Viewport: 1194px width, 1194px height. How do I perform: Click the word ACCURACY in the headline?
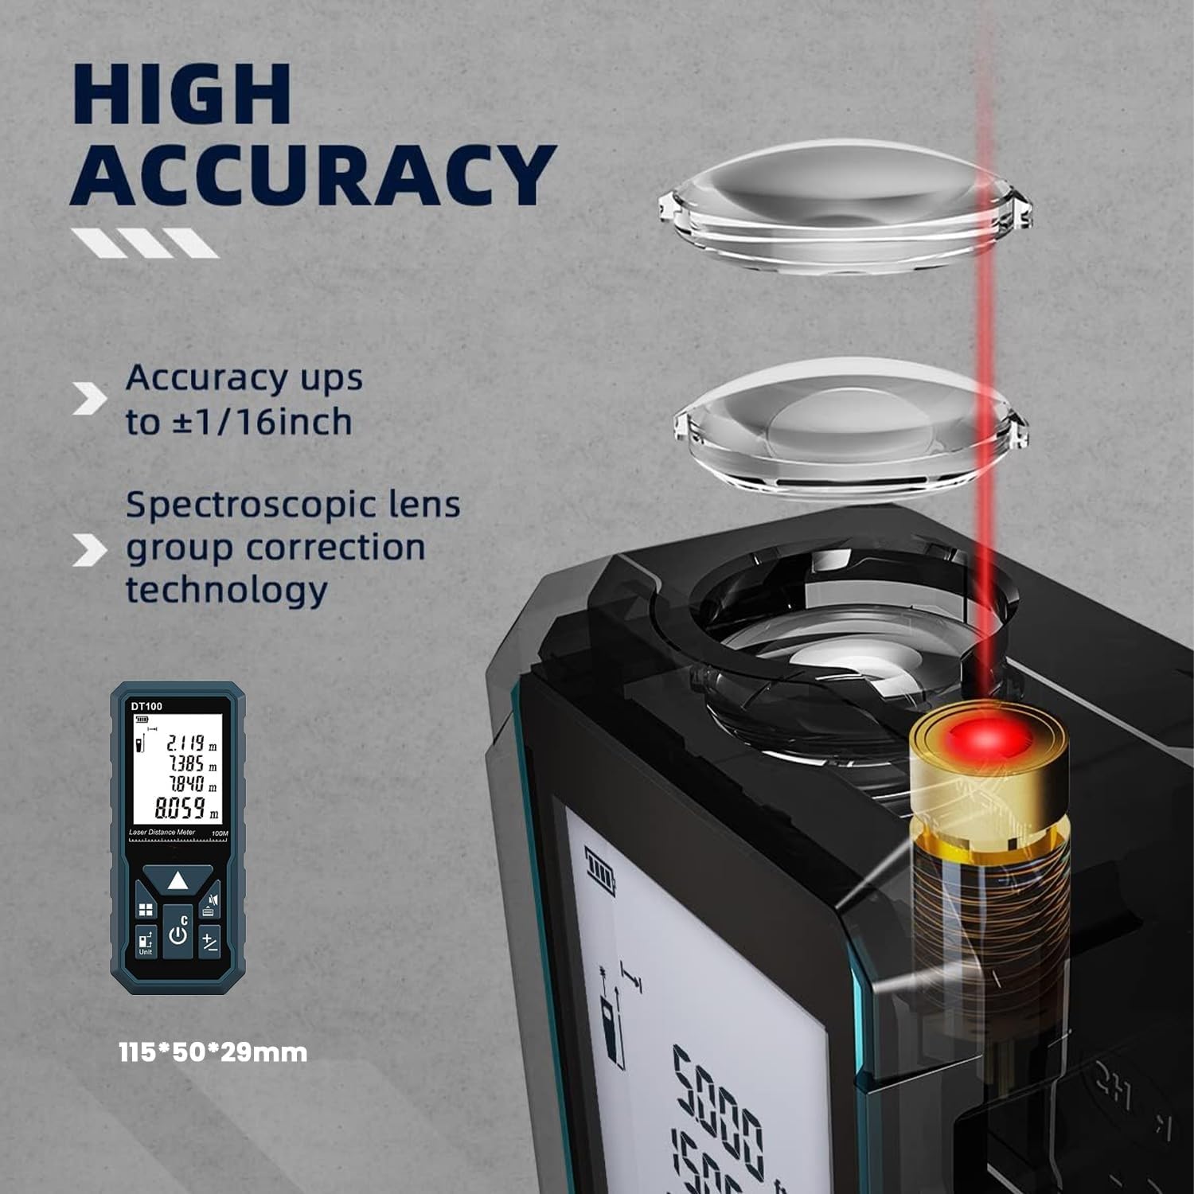312,176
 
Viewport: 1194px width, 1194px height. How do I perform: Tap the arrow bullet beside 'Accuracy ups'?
88,399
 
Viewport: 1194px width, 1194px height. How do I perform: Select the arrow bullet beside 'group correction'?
88,550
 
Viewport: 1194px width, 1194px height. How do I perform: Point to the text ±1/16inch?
262,422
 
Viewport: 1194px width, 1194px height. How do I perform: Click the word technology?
226,590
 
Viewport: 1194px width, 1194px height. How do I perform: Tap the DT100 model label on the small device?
146,706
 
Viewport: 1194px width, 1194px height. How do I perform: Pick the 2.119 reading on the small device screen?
185,743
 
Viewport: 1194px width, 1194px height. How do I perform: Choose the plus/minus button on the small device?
209,942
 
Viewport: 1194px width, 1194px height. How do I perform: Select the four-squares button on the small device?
146,910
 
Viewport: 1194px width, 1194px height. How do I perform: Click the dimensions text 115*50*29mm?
213,1052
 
